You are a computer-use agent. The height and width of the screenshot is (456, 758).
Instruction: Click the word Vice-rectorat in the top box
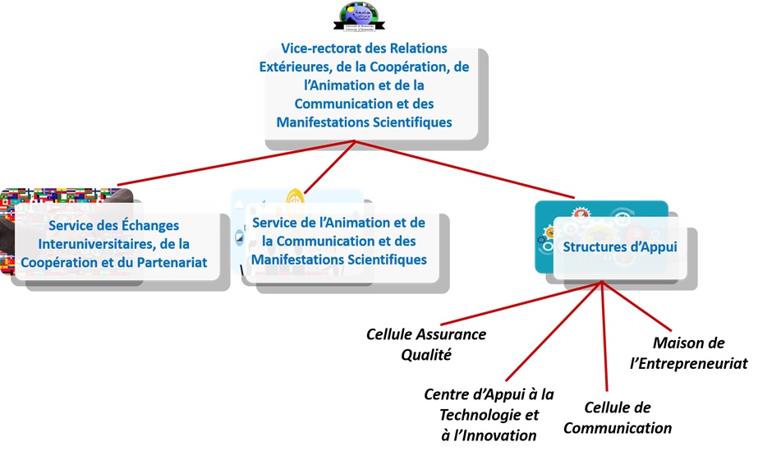click(x=316, y=48)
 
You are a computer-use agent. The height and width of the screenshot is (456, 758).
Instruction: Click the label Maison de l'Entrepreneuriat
click(x=699, y=352)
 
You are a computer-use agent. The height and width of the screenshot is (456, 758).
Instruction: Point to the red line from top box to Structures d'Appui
click(x=468, y=172)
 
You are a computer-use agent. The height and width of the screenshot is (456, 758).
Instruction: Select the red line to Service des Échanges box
click(x=238, y=163)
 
